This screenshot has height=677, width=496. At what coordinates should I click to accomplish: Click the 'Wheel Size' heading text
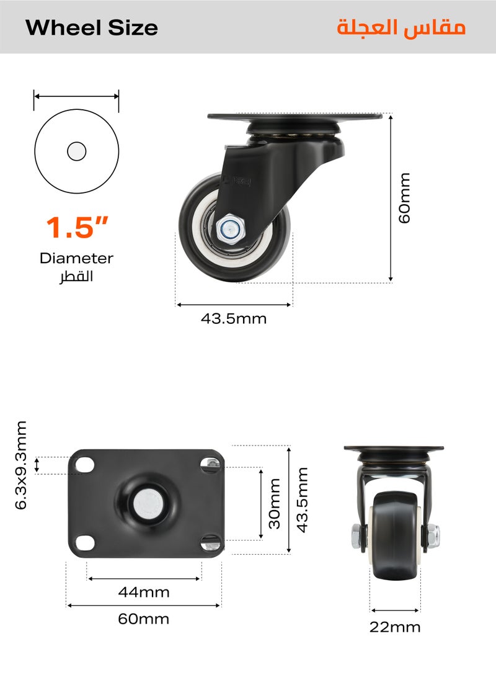[92, 28]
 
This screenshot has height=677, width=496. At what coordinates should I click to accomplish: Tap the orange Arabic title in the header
[401, 28]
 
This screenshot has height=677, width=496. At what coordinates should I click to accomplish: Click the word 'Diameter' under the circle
[76, 258]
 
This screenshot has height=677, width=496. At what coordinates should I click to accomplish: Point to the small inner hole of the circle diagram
[77, 151]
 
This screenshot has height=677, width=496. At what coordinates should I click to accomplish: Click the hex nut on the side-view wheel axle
[229, 228]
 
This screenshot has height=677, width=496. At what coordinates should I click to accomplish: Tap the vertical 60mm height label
[404, 199]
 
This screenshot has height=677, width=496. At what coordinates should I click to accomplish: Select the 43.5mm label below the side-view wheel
[234, 319]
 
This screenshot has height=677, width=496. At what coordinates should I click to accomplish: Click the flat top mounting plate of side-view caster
[294, 117]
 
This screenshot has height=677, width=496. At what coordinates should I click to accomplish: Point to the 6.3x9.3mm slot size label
[22, 465]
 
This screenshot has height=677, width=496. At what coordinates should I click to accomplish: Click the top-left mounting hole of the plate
[86, 465]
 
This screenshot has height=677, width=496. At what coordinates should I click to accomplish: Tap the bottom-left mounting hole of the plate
[86, 542]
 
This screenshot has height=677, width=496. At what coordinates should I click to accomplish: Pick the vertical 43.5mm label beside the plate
[302, 500]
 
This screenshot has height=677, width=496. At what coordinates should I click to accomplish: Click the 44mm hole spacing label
[144, 592]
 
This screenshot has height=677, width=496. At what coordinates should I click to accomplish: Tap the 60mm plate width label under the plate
[144, 619]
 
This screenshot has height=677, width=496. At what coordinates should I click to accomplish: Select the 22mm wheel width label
[395, 627]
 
